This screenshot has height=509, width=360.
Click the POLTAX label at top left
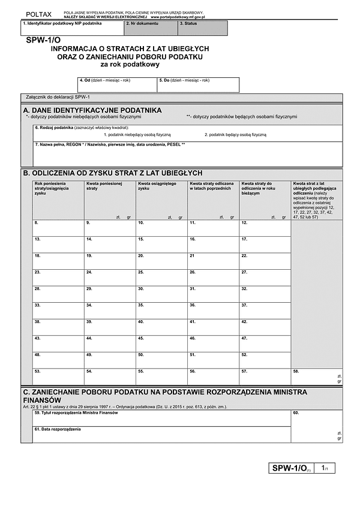tap(38, 13)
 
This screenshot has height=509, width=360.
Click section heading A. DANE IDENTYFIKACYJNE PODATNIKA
tap(92, 110)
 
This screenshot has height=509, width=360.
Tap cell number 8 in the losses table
tap(58, 228)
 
